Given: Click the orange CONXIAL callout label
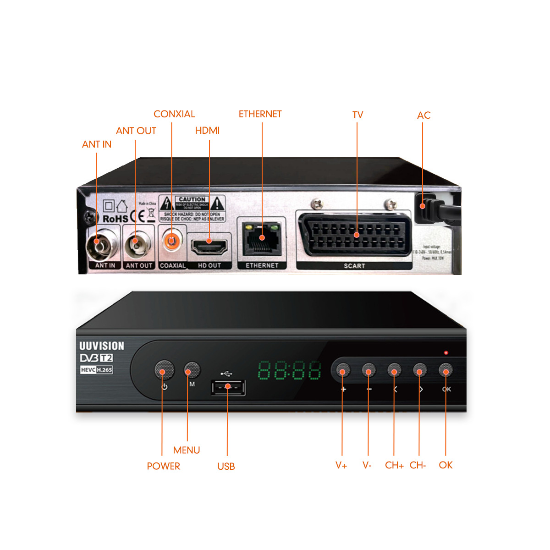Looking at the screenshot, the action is point(174,114).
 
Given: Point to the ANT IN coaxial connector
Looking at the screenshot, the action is point(98,243).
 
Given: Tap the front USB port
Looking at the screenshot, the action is point(228,387).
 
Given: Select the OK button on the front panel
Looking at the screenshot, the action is point(446,369).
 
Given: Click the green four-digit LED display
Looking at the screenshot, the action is point(289,370).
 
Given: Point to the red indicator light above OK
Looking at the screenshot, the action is point(445,352).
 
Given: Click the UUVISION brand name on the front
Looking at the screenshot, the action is point(102,346).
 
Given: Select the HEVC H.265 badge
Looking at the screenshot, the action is point(96,370).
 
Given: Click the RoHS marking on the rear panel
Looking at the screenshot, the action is point(115,219).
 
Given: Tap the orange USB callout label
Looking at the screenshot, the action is point(226,467).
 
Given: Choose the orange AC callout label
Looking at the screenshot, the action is point(423,115).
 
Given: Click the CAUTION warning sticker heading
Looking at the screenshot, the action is point(192,199).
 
